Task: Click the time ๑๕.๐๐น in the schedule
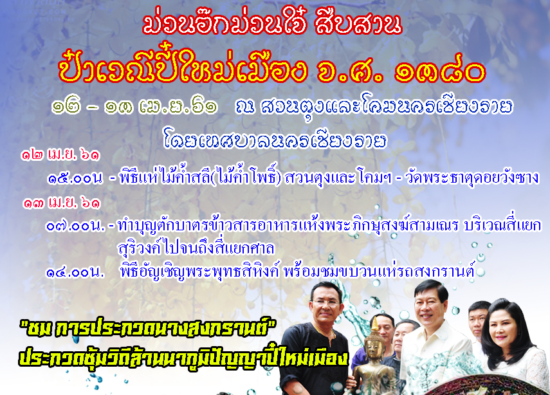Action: [x=75, y=179]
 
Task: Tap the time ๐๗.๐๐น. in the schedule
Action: [x=75, y=226]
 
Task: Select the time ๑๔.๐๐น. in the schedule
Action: [x=75, y=272]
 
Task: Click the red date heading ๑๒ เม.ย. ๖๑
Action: [x=60, y=154]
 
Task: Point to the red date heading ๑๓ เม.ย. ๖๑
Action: [x=61, y=203]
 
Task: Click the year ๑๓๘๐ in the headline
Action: [x=440, y=71]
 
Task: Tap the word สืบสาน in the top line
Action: [x=358, y=24]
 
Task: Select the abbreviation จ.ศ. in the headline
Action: [x=349, y=71]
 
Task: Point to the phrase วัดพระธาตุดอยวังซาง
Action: [x=472, y=178]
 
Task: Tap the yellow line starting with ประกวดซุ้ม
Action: [x=183, y=357]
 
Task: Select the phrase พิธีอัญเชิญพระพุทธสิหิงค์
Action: [x=199, y=272]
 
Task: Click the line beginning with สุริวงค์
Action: [x=196, y=249]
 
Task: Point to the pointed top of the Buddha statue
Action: [x=374, y=317]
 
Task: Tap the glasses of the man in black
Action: [x=326, y=302]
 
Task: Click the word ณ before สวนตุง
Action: [x=245, y=106]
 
